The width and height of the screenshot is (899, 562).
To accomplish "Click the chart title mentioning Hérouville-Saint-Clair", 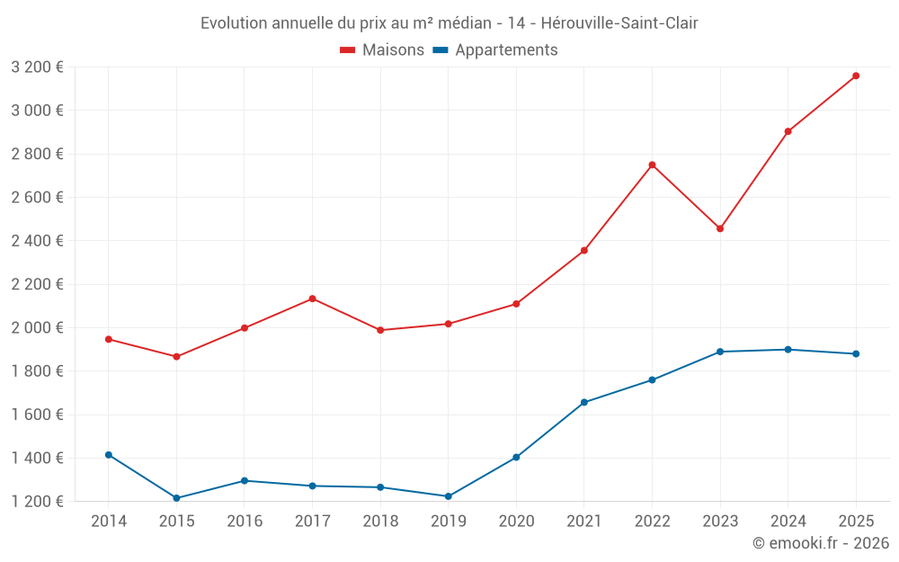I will [449, 22].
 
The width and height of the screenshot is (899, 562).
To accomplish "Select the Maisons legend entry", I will [382, 50].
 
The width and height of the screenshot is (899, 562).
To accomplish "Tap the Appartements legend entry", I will [495, 50].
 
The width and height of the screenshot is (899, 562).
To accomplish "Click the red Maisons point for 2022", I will [652, 165].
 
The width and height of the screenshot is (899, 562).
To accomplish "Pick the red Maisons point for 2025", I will [856, 76].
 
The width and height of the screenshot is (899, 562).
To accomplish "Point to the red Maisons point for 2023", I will [720, 228].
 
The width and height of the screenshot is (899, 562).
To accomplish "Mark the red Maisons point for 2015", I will [176, 357].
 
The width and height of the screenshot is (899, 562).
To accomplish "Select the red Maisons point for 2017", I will [312, 299].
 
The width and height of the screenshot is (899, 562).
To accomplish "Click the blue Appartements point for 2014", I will [109, 455].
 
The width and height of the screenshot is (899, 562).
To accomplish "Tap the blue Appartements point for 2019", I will [448, 496].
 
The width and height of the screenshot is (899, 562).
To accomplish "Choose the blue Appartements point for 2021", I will [584, 402].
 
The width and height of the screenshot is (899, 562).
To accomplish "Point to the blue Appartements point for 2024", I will [788, 350].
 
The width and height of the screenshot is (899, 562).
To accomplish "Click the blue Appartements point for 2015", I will [176, 498].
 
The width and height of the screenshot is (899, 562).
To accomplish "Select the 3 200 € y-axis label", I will [37, 67].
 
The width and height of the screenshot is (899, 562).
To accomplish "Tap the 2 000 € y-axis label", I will [37, 328].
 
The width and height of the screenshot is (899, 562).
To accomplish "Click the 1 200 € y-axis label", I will [37, 502].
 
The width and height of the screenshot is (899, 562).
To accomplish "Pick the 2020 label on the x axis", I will [516, 522].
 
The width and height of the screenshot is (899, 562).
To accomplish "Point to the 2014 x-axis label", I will [109, 522].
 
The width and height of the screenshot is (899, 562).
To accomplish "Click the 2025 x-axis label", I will [856, 522].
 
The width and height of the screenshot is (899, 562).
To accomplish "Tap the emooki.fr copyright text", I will [820, 543].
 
